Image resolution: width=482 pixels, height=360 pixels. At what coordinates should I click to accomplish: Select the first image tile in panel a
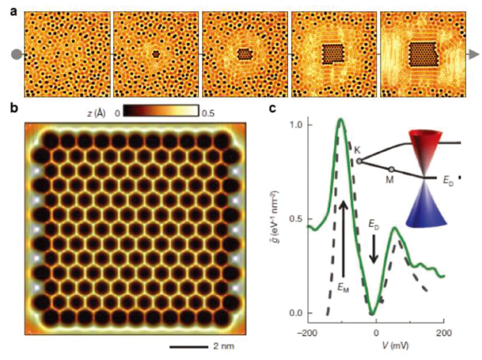pos(67,54)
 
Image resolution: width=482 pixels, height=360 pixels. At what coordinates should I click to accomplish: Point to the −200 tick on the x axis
pos(306,331)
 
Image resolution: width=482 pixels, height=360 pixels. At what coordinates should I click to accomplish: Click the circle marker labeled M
pos(392,169)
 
